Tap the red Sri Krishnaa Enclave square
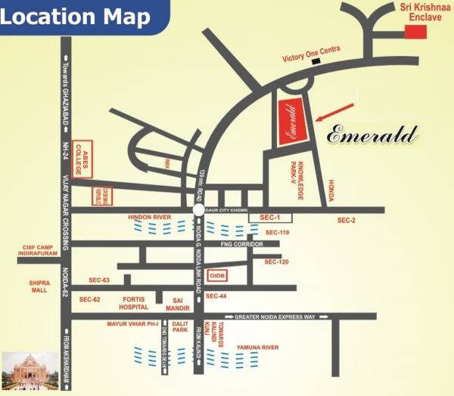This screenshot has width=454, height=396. tap(415, 31)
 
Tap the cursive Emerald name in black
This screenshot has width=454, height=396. tap(372, 135)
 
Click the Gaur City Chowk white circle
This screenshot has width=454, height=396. tap(197, 210)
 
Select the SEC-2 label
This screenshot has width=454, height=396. tap(347, 220)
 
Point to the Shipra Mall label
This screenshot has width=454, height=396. tap(39, 287)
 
